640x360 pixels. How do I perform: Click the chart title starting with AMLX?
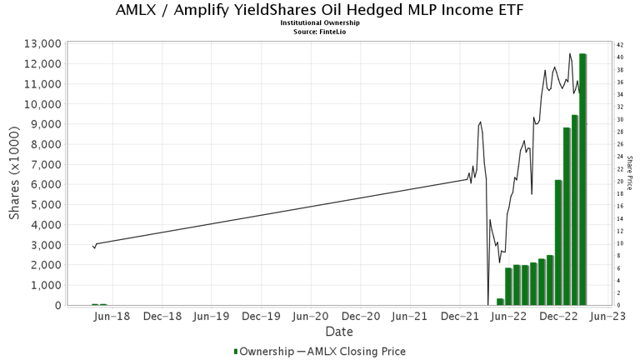click(x=319, y=11)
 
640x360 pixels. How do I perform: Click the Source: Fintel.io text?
click(x=319, y=31)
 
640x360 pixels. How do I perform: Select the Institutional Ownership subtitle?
click(x=319, y=23)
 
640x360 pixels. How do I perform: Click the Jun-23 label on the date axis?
click(x=608, y=317)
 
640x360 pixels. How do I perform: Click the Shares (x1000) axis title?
click(x=15, y=174)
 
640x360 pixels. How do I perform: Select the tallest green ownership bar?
click(x=583, y=179)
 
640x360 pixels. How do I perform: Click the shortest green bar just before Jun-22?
click(x=500, y=301)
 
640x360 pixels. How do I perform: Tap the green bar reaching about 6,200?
click(x=558, y=242)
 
